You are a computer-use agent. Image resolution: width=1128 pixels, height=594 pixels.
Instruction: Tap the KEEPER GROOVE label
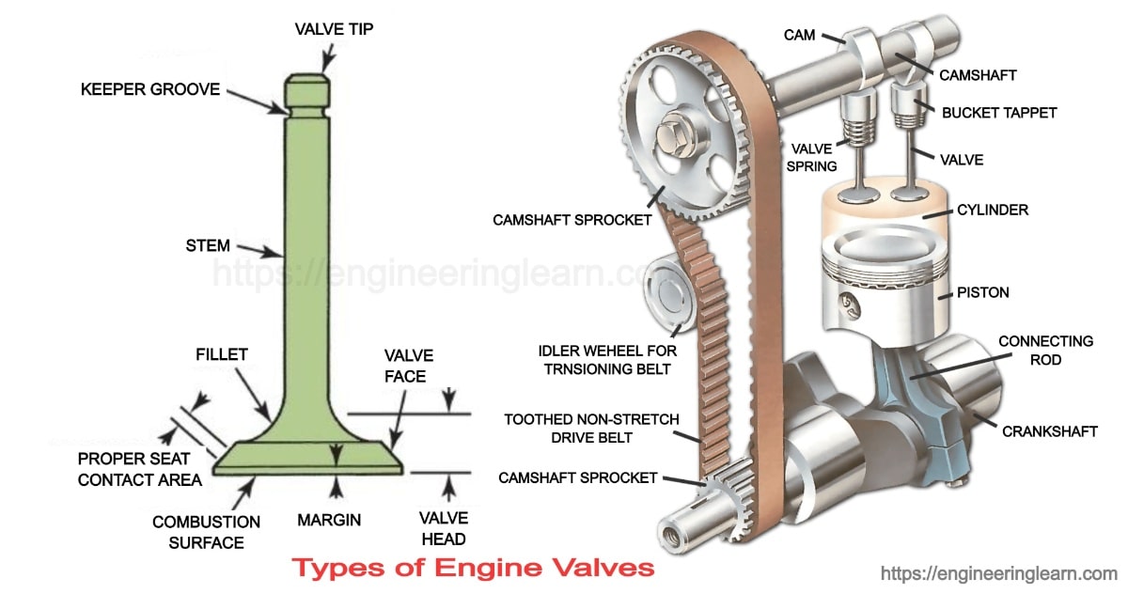pos(150,90)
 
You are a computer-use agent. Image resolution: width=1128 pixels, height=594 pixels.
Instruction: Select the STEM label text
pos(208,246)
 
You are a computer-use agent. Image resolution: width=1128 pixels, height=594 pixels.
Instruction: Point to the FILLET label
pos(222,354)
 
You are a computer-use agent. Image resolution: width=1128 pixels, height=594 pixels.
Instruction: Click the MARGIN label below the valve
pos(329,519)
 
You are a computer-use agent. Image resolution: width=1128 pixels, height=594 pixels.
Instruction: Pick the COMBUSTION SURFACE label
pos(206,532)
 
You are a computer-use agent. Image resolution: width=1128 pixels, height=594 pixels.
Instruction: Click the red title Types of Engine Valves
pos(473,568)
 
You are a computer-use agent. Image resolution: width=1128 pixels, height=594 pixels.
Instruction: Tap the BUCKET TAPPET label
pos(999,113)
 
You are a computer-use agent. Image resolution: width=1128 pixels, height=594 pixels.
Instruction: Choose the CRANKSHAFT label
pos(1049,431)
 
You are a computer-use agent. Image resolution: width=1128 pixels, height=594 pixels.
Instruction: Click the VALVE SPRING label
pos(813,157)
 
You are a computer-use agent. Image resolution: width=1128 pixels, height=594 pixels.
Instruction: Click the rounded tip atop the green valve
pos(308,86)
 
